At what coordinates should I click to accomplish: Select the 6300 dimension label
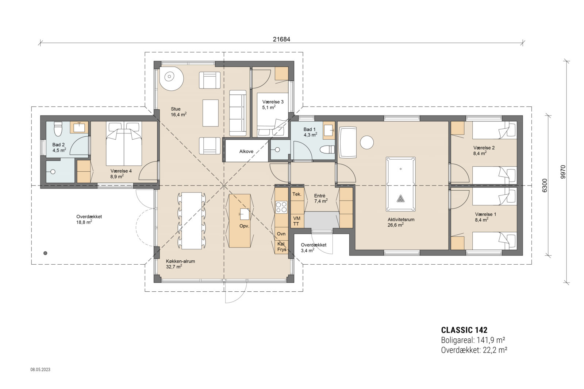click(544, 185)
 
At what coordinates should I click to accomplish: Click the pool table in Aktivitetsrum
click(400, 184)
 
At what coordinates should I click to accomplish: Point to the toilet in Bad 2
click(58, 128)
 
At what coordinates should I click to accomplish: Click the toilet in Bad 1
click(327, 149)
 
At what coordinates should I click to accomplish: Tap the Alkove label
click(246, 152)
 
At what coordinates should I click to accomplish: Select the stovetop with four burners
click(281, 207)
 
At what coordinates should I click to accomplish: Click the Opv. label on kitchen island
click(244, 226)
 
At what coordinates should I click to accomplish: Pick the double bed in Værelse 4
click(123, 143)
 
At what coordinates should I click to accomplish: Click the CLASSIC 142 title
click(464, 330)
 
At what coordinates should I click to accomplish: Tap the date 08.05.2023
click(40, 370)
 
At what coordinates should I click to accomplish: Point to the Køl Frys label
click(281, 246)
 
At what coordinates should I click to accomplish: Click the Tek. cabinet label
click(297, 194)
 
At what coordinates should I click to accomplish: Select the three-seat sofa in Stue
click(238, 113)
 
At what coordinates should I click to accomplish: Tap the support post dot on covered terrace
click(45, 253)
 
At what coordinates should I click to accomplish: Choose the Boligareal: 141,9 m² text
click(473, 340)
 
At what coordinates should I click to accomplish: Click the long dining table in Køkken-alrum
click(192, 221)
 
